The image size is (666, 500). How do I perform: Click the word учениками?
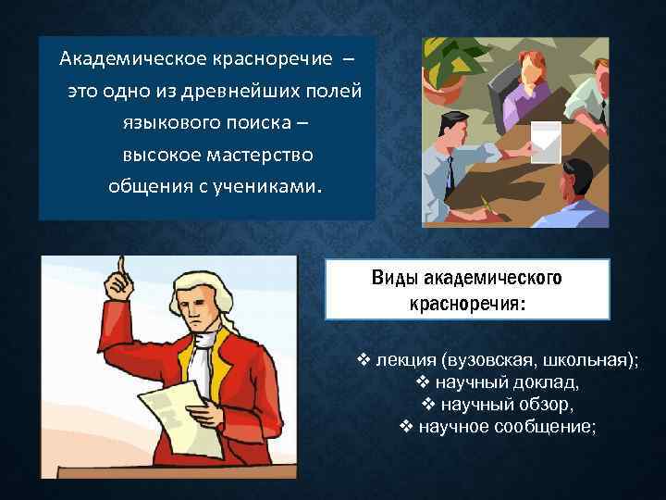[x=267, y=183]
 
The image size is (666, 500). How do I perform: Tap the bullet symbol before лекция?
[x=364, y=359]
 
